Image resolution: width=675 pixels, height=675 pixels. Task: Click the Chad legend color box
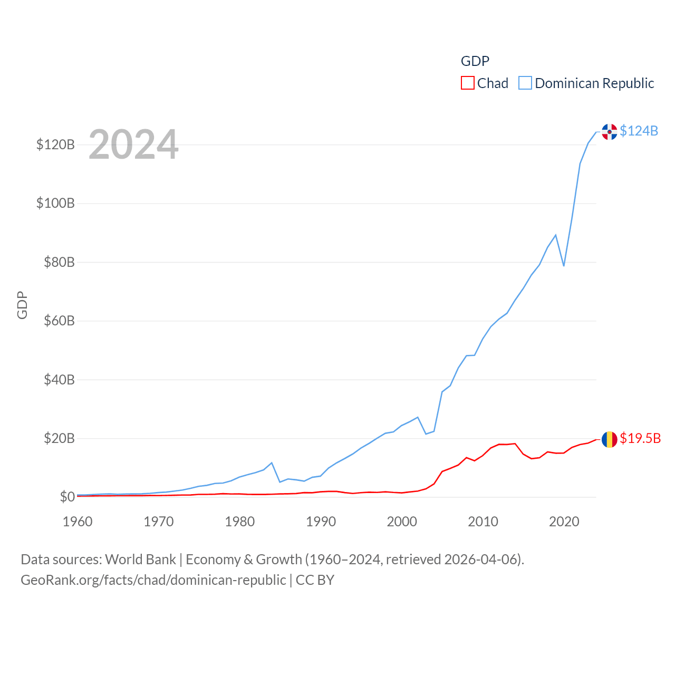[468, 83]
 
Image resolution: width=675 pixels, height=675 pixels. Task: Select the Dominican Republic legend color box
[525, 83]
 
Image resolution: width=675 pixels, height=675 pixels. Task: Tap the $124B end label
[639, 131]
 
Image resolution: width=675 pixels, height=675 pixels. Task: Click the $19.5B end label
[640, 438]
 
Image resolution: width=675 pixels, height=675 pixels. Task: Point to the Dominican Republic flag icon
[609, 132]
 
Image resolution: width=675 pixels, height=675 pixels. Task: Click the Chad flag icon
[609, 439]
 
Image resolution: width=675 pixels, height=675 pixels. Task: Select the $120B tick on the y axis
[55, 144]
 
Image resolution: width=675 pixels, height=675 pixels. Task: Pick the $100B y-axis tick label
[55, 203]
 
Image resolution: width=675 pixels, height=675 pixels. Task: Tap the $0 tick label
[67, 497]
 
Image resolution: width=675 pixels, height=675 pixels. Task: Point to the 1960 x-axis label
[78, 522]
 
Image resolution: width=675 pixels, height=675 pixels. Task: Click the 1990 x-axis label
[321, 522]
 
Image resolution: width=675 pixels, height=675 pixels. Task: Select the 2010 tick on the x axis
[483, 522]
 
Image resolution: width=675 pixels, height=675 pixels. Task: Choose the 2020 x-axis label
[564, 522]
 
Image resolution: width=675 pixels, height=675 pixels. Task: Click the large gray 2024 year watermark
[133, 144]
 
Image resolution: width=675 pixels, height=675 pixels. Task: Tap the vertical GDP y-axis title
[22, 305]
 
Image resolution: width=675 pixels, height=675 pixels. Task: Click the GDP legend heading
[475, 61]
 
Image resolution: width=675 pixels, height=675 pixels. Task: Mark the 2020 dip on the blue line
[564, 265]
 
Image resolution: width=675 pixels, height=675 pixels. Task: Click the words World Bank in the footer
[141, 559]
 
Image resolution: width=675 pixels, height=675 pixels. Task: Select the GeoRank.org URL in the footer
[153, 580]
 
